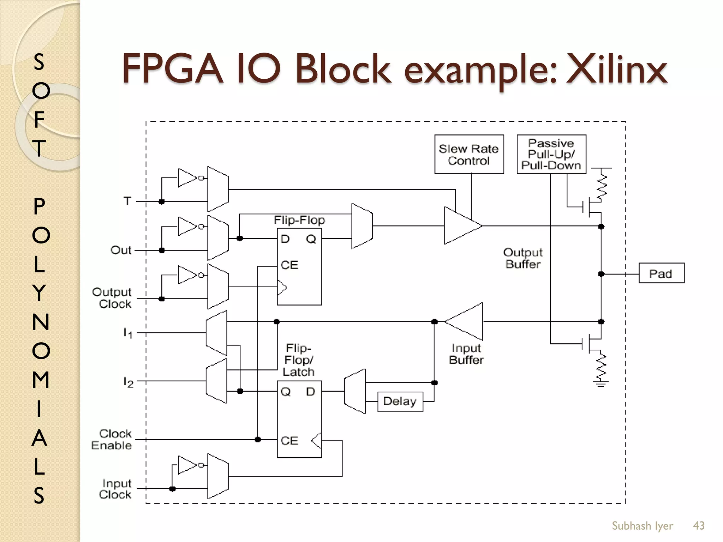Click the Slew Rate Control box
pyautogui.click(x=469, y=154)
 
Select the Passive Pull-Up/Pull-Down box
pyautogui.click(x=551, y=154)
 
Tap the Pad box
pyautogui.click(x=661, y=273)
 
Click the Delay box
pyautogui.click(x=400, y=402)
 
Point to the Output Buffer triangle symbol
pyautogui.click(x=461, y=225)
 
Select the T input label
pyautogui.click(x=128, y=201)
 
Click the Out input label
pyautogui.click(x=121, y=250)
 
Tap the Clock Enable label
pyautogui.click(x=112, y=439)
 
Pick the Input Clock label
pyautogui.click(x=115, y=489)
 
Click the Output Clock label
pyautogui.click(x=112, y=298)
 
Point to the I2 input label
pyautogui.click(x=128, y=382)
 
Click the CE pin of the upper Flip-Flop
pyautogui.click(x=289, y=265)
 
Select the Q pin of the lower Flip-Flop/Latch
pyautogui.click(x=285, y=391)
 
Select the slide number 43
pyautogui.click(x=699, y=525)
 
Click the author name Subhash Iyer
pyautogui.click(x=642, y=526)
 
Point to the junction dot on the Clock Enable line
pyautogui.click(x=258, y=439)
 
